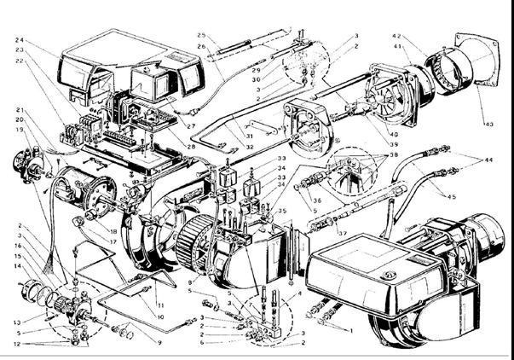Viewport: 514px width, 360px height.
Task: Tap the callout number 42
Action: [396, 37]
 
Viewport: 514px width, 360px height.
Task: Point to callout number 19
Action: [18, 130]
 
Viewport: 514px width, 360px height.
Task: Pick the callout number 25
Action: [201, 35]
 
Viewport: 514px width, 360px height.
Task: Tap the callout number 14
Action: [18, 266]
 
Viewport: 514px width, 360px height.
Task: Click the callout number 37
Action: [343, 232]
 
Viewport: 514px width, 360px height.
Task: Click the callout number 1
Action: [353, 330]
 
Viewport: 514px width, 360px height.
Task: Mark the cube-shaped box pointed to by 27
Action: [145, 85]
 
